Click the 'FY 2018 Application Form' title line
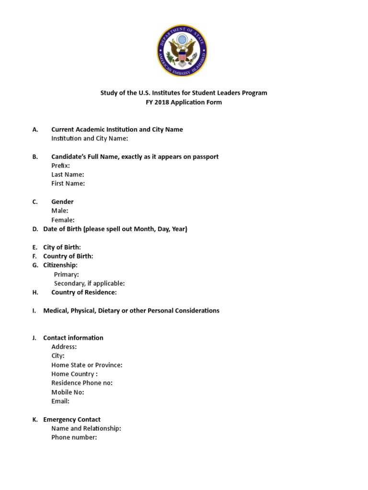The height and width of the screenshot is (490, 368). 184,102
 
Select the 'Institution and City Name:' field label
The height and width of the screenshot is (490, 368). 90,138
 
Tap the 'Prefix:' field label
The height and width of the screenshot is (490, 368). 60,166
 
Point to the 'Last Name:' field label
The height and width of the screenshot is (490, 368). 68,175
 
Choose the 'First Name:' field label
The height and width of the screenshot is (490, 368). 68,183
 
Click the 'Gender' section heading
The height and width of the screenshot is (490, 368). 62,201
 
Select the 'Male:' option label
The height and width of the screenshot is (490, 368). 60,211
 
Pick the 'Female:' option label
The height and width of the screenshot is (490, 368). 63,220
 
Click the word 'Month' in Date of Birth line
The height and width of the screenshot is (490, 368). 144,229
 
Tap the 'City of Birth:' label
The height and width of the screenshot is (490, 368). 62,247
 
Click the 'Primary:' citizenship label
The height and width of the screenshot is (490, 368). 67,274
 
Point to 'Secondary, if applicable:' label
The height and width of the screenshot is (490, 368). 89,283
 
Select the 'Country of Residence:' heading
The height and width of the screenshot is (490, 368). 84,292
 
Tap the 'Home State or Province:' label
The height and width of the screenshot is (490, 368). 87,365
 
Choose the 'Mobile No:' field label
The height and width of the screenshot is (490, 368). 68,392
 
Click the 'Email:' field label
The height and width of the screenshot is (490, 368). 60,401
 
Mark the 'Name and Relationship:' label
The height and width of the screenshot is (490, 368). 86,429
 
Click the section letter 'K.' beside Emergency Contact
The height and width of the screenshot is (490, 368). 35,420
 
